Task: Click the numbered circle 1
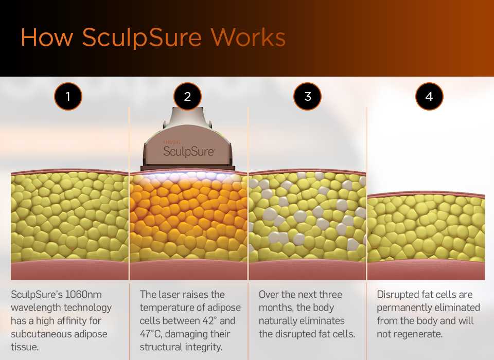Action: click(x=68, y=96)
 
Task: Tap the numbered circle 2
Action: click(x=187, y=96)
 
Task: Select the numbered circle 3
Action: click(x=308, y=96)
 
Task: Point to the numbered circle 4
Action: click(x=429, y=96)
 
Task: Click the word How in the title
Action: click(x=47, y=38)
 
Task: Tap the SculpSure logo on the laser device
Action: click(x=188, y=151)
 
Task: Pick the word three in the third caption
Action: click(x=328, y=295)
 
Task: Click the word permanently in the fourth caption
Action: click(x=403, y=308)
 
